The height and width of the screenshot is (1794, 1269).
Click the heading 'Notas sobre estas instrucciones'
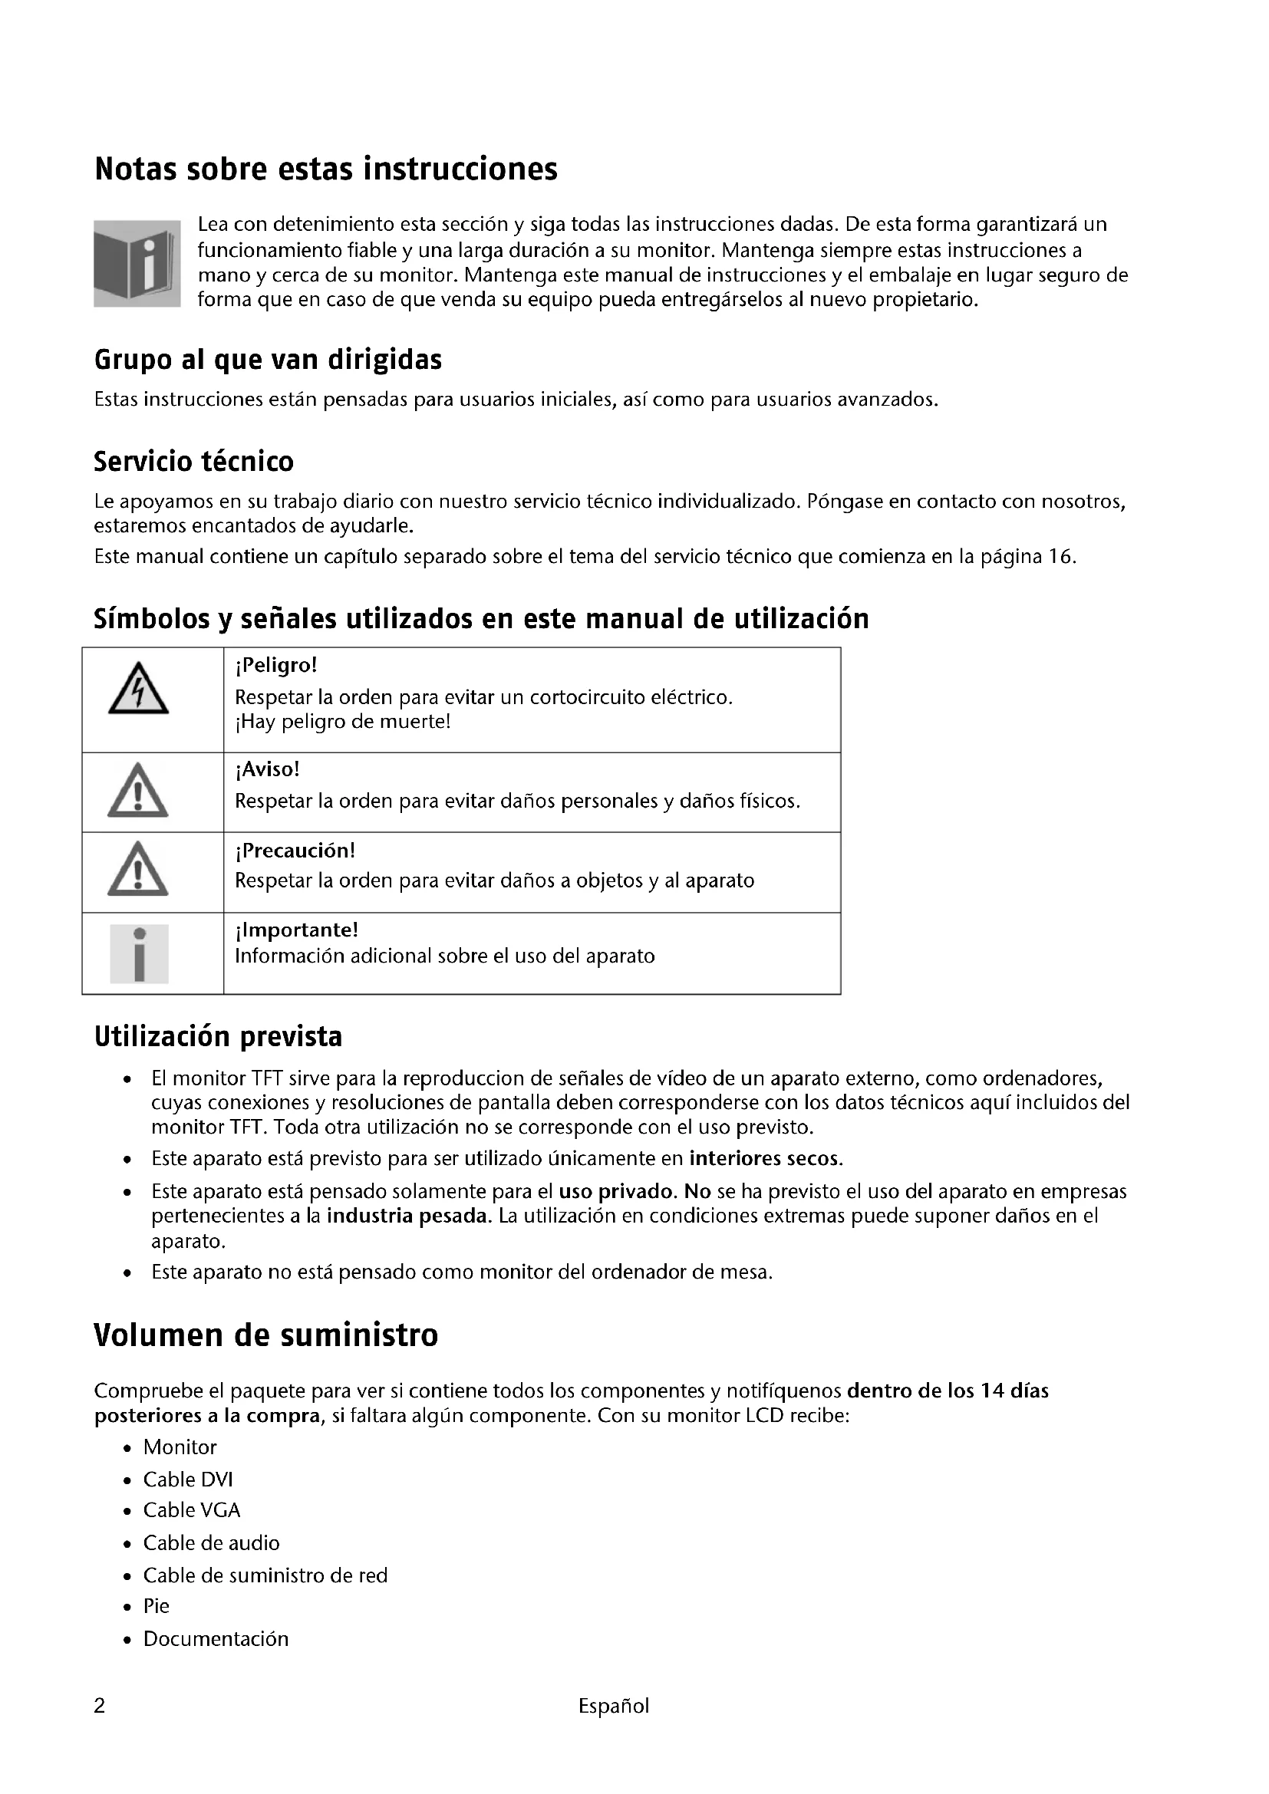326,170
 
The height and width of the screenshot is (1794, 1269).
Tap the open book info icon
137,263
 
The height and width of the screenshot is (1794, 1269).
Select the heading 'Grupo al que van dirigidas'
268,360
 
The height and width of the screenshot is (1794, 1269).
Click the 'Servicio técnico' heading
194,461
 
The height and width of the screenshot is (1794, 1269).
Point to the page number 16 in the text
1060,557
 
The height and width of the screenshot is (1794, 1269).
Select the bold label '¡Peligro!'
276,666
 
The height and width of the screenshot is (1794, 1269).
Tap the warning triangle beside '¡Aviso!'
137,791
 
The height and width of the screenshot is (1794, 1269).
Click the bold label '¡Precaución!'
295,850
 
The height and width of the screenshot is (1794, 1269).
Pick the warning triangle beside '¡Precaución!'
137,870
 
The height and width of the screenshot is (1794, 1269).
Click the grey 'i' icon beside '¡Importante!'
139,953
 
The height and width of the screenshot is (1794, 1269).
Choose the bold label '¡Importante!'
296,930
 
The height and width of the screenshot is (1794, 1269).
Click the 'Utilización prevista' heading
218,1037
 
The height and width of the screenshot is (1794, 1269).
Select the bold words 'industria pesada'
407,1216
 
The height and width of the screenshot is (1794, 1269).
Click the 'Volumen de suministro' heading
265,1335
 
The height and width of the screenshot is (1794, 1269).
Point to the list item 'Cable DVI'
187,1479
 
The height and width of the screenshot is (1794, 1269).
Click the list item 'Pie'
157,1605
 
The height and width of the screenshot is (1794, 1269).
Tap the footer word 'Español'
614,1706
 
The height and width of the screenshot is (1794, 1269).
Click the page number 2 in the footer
99,1706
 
